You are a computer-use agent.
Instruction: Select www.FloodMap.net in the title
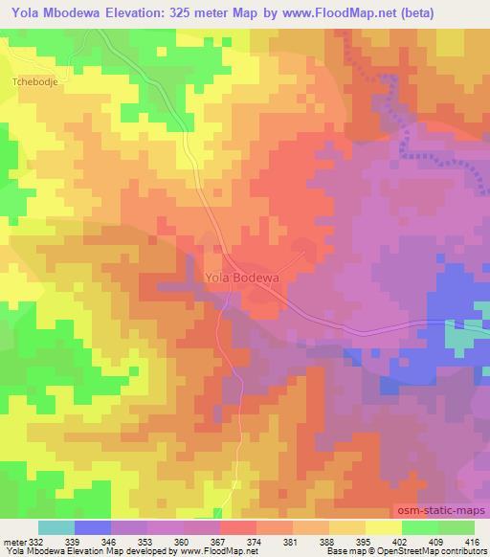[367, 12]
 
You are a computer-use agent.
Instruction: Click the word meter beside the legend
[14, 543]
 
